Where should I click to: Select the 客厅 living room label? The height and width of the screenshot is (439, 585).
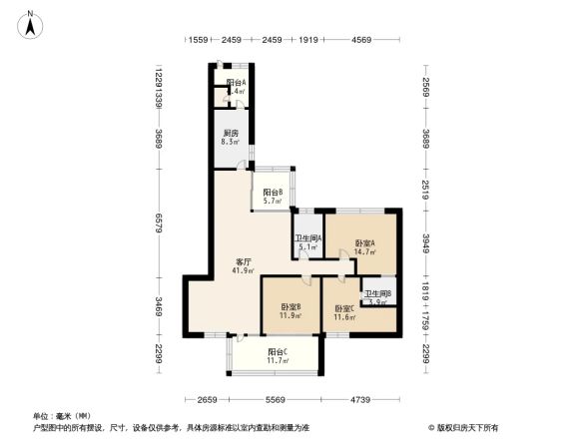point(243,260)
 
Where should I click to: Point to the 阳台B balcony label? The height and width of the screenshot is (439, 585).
point(273,192)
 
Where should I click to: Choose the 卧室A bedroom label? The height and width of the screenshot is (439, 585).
point(363,242)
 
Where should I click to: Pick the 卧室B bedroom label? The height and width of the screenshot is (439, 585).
point(292,306)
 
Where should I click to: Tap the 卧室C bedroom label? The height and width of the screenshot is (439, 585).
point(345,308)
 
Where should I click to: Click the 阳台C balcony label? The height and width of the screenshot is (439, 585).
point(278,352)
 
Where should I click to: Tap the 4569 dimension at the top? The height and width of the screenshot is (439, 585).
point(361,40)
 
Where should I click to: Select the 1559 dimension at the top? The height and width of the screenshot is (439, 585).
point(198,40)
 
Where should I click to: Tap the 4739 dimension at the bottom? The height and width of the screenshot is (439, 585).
point(359,400)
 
